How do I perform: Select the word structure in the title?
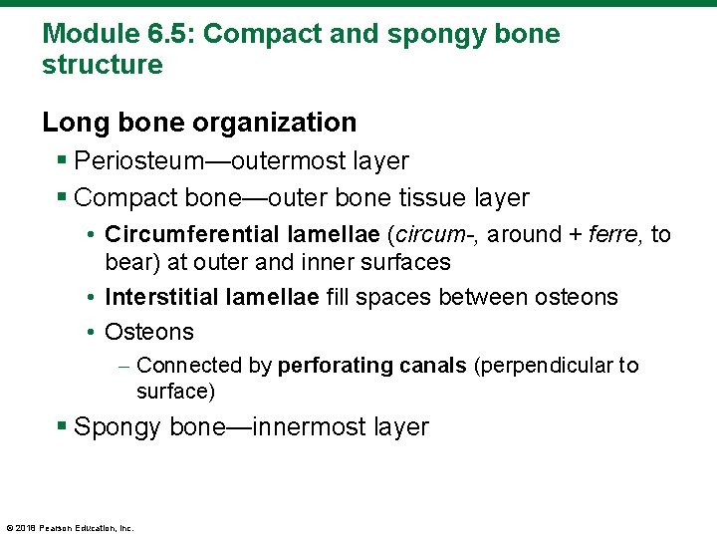(x=102, y=66)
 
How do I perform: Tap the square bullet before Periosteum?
(x=63, y=160)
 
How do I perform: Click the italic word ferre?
(x=616, y=235)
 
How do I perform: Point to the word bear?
(x=127, y=263)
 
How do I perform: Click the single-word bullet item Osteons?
(x=149, y=332)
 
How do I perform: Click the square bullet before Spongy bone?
(x=63, y=427)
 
